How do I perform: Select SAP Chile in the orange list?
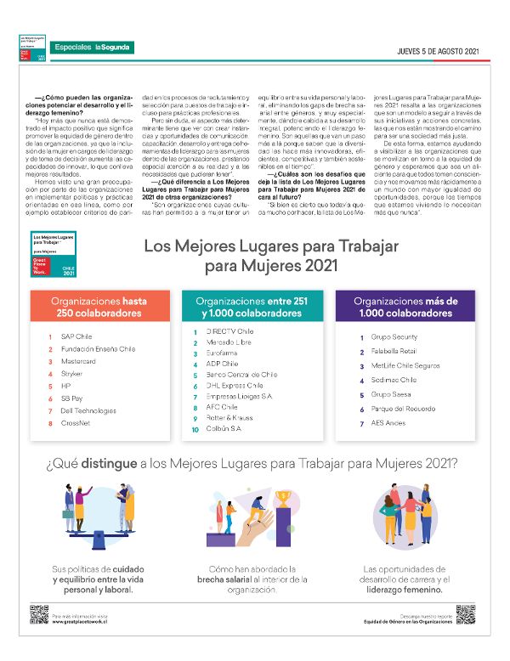76,337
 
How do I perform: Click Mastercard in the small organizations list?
78,361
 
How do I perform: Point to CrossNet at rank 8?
76,422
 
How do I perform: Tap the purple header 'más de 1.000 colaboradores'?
405,307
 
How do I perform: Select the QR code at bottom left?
37,614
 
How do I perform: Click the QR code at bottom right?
464,614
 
